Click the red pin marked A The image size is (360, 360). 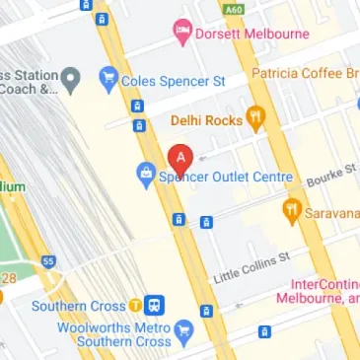click(180, 158)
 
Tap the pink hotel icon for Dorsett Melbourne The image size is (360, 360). click(181, 33)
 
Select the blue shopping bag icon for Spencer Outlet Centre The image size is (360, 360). click(145, 177)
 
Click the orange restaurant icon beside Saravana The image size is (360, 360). click(291, 210)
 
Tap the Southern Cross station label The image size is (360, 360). click(84, 305)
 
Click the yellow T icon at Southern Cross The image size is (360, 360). click(147, 305)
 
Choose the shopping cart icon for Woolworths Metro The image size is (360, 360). click(185, 328)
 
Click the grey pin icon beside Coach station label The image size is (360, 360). click(71, 78)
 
